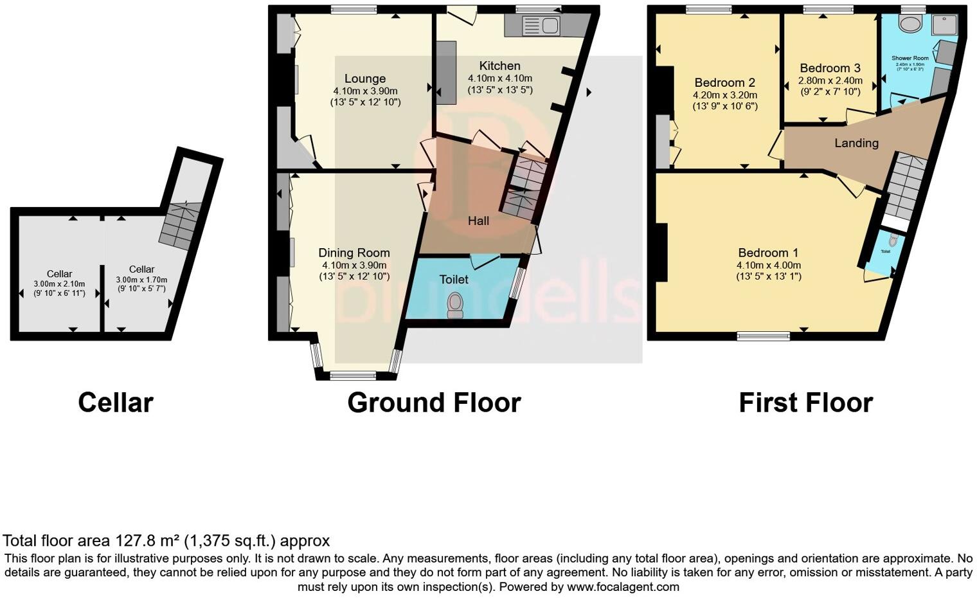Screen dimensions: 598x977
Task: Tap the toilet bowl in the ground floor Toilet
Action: (x=456, y=305)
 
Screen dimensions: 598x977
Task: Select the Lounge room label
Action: (x=365, y=79)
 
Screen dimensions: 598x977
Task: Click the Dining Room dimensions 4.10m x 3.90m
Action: (x=354, y=265)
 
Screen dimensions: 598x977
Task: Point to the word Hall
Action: (x=478, y=221)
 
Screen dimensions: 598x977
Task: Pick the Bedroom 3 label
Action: (x=830, y=68)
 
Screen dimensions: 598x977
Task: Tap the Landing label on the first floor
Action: (x=856, y=143)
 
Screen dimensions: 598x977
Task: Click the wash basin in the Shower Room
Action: (x=910, y=24)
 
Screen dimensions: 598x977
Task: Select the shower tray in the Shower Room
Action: (x=945, y=24)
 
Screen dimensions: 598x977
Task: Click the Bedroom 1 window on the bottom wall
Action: (x=763, y=336)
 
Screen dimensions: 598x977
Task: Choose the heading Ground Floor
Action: (x=434, y=403)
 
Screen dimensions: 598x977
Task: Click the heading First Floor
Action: (x=805, y=403)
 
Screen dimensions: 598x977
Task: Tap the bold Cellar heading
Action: (x=116, y=403)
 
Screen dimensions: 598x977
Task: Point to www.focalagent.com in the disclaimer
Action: (x=623, y=586)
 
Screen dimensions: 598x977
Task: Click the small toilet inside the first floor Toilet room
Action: (x=892, y=240)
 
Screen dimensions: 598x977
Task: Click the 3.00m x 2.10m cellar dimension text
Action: (x=59, y=284)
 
